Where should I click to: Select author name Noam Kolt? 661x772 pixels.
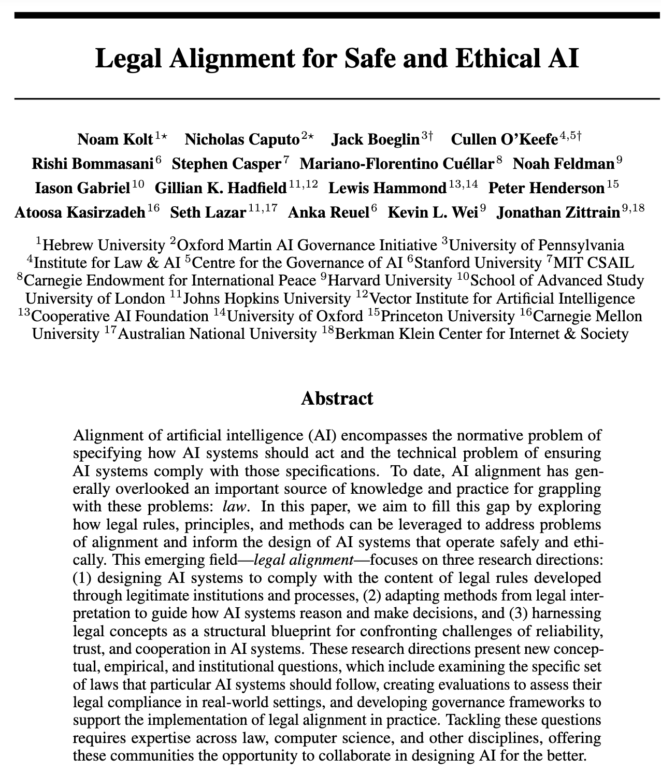[115, 140]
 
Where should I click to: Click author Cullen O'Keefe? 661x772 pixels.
[504, 140]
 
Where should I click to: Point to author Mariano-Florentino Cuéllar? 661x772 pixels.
[396, 164]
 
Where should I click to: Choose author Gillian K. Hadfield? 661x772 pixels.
[220, 188]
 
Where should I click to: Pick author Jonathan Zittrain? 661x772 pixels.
[557, 212]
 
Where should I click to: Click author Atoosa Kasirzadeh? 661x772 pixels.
[80, 212]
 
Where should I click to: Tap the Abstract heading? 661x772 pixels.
[337, 398]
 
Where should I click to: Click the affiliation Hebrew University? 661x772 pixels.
[103, 245]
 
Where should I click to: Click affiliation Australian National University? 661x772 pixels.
[217, 334]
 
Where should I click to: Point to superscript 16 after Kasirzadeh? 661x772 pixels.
[153, 208]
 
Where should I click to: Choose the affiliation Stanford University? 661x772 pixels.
[478, 263]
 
